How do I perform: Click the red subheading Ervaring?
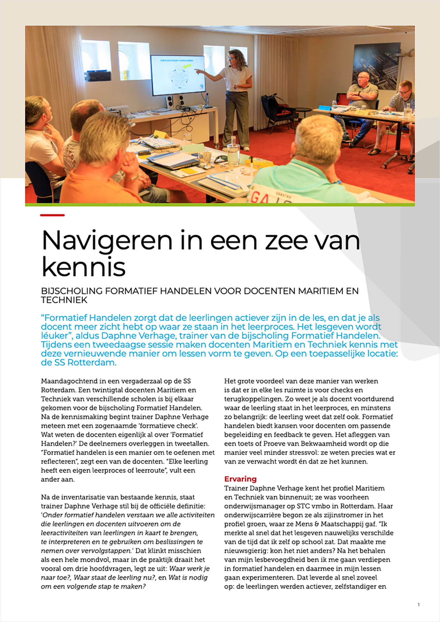click(x=240, y=479)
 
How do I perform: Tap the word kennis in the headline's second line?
click(x=83, y=267)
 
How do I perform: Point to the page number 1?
click(x=419, y=605)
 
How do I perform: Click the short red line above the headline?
click(x=52, y=215)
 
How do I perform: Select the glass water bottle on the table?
click(x=233, y=152)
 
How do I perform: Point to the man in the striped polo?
click(x=403, y=103)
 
